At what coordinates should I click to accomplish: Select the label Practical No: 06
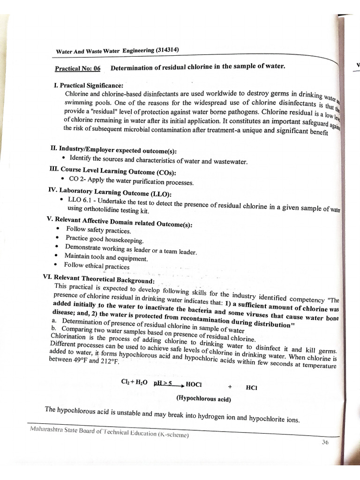pos(78,68)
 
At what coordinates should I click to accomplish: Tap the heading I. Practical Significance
pos(89,85)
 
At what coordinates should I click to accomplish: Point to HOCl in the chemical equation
pos(194,384)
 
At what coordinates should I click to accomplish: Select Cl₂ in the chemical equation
pos(125,382)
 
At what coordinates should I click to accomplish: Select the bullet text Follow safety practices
pos(98,230)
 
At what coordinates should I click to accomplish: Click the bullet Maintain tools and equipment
pos(105,257)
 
